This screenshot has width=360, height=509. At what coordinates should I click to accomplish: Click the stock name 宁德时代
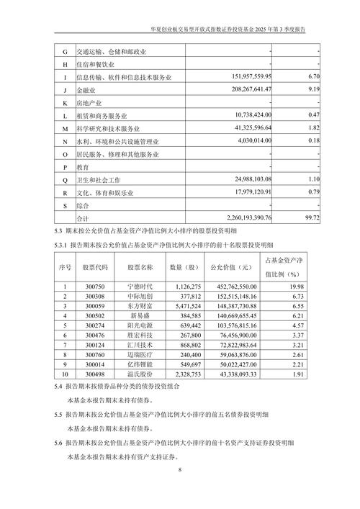pyautogui.click(x=140, y=287)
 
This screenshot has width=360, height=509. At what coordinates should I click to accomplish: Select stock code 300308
pyautogui.click(x=95, y=297)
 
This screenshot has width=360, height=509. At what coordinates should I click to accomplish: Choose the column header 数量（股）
pyautogui.click(x=184, y=268)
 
